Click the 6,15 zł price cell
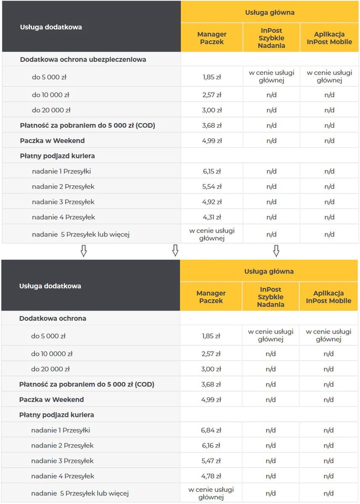[x=212, y=171]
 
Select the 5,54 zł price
[x=212, y=187]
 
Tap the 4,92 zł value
[x=212, y=202]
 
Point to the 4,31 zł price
[x=212, y=217]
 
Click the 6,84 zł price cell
[x=211, y=430]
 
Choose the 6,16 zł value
[x=211, y=446]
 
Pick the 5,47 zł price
[x=211, y=461]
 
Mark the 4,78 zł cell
[x=211, y=476]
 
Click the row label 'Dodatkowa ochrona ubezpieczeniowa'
[x=83, y=60]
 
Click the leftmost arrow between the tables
[x=83, y=251]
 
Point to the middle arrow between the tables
[x=175, y=251]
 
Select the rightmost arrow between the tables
[x=276, y=251]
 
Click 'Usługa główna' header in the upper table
[x=270, y=13]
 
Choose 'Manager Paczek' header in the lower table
[x=211, y=297]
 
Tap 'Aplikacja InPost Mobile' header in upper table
[x=329, y=38]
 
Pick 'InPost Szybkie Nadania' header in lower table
[x=270, y=297]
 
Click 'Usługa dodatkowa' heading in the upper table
[x=51, y=27]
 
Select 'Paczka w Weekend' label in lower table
[x=51, y=400]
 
